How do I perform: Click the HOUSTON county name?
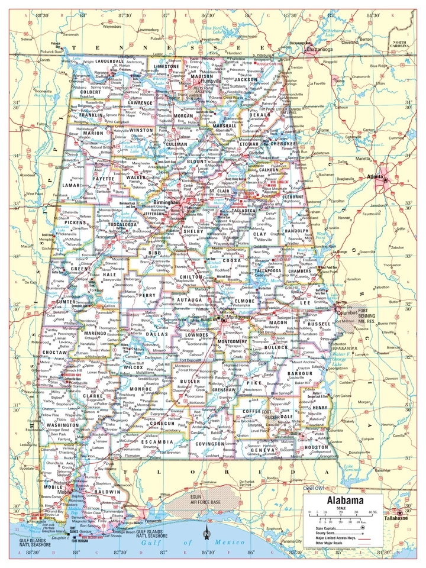coord(316,447)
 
